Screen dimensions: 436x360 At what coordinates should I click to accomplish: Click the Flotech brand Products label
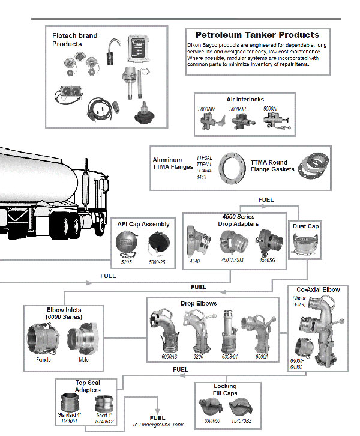pos(74,40)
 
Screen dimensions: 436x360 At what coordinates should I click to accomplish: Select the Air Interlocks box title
pos(244,100)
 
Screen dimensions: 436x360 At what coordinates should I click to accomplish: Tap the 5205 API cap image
pos(127,244)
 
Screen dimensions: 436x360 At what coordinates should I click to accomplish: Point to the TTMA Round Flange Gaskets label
pos(273,166)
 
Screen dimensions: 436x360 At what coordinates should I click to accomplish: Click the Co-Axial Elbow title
pos(322,290)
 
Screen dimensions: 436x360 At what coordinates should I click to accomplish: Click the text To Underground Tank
pos(158,425)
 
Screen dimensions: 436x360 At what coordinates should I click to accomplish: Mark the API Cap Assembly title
pos(143,224)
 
